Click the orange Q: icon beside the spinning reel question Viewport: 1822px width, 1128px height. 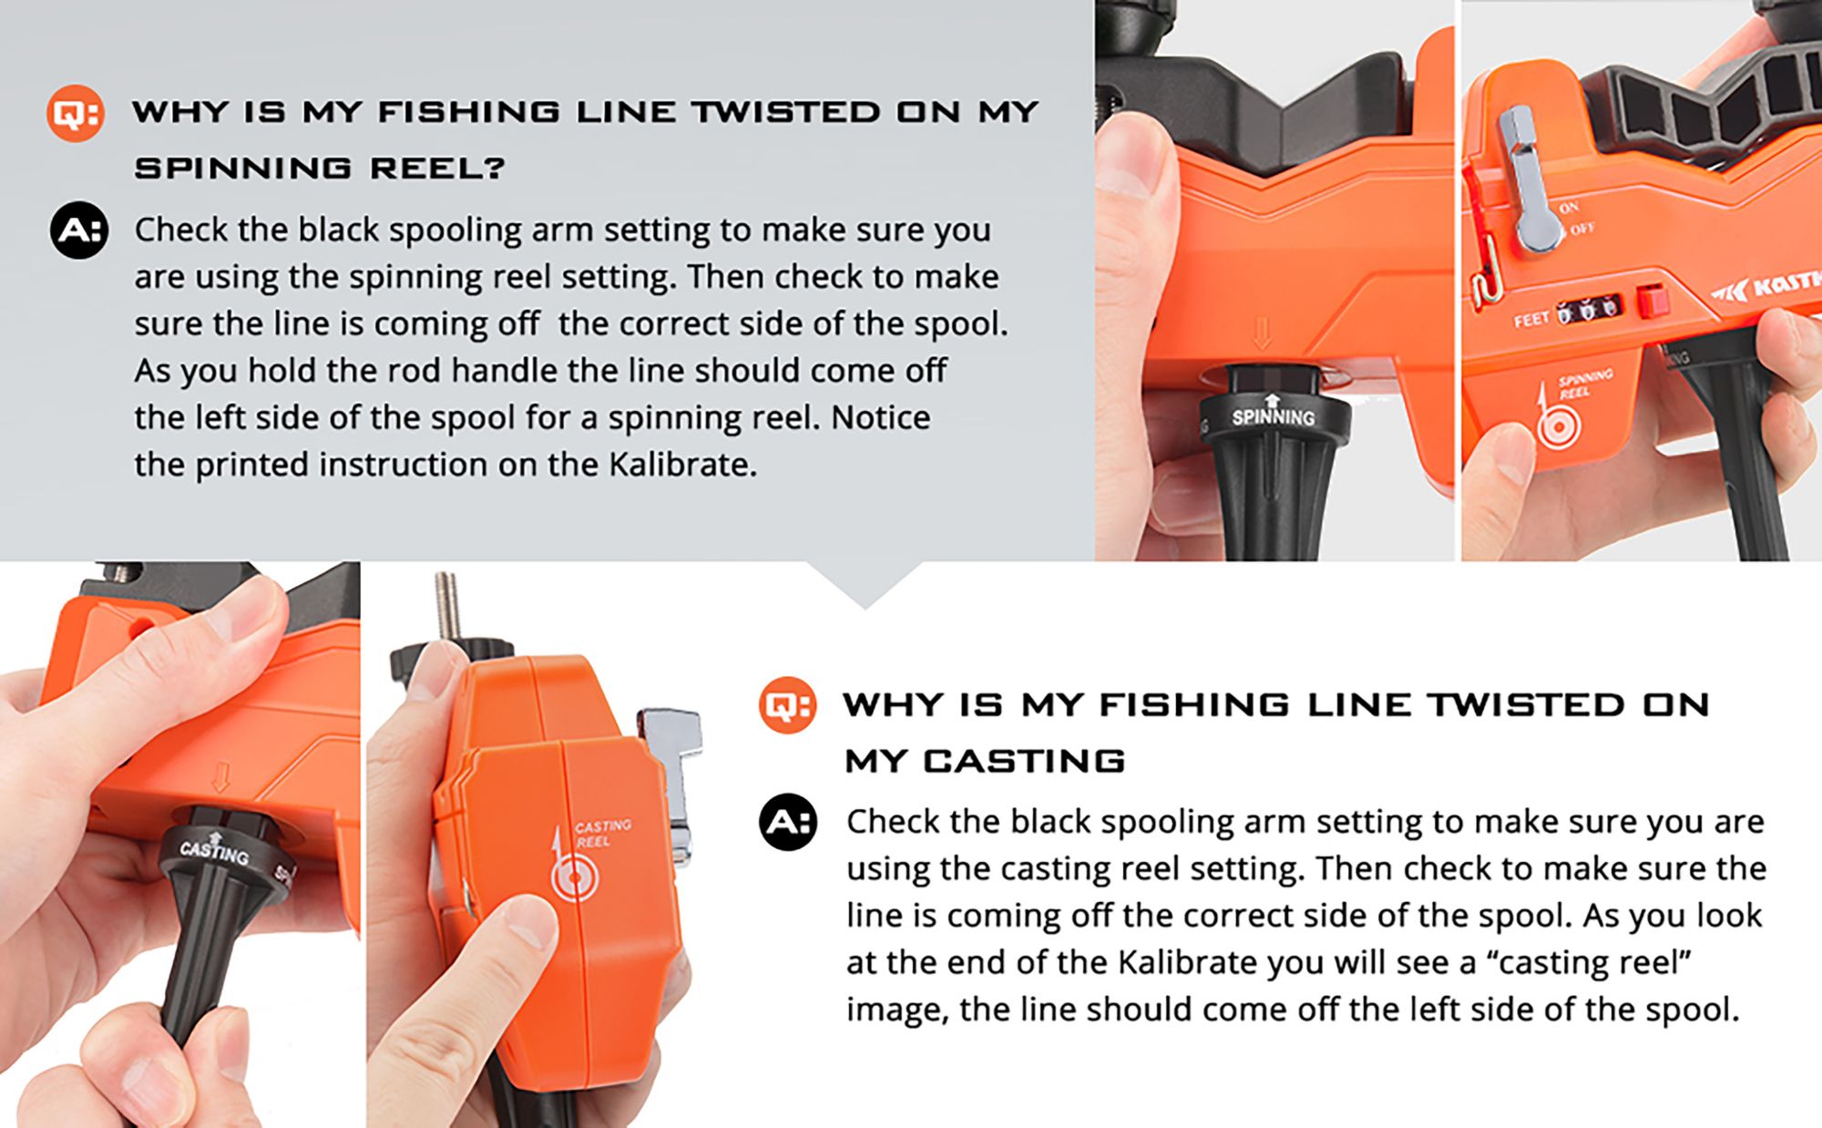pos(75,113)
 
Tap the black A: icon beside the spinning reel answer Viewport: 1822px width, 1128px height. pos(79,230)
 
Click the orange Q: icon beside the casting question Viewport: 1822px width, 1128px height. pos(787,705)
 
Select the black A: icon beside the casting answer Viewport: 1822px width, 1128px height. pos(788,822)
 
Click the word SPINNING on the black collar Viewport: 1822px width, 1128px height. pos(1273,417)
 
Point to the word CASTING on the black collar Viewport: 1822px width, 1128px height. pos(214,852)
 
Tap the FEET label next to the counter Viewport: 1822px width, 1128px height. pos(1530,320)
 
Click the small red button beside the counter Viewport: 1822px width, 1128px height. pos(1651,302)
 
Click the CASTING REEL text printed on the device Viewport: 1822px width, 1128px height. pos(601,833)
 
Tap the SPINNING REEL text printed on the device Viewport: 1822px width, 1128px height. pos(1584,384)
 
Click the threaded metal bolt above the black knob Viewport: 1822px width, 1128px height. pos(446,606)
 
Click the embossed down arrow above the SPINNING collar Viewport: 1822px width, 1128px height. pos(1262,333)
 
